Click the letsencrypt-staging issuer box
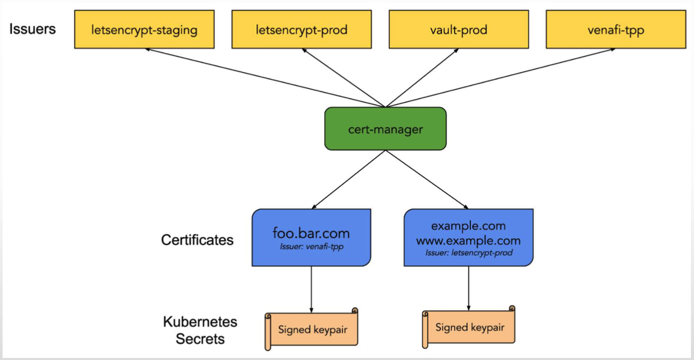pyautogui.click(x=144, y=30)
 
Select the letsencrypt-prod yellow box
pyautogui.click(x=301, y=30)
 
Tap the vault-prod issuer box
pyautogui.click(x=458, y=30)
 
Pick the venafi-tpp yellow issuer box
pyautogui.click(x=616, y=30)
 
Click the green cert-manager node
pyautogui.click(x=385, y=129)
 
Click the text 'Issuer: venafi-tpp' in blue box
pyautogui.click(x=311, y=247)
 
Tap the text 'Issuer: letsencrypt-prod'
pyautogui.click(x=468, y=253)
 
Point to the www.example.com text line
pyautogui.click(x=468, y=240)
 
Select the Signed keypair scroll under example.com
pyautogui.click(x=469, y=327)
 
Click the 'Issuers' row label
pyautogui.click(x=32, y=29)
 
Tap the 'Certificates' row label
pyautogui.click(x=197, y=240)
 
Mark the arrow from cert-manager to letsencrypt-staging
pyautogui.click(x=265, y=78)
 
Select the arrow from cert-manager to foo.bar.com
pyautogui.click(x=349, y=179)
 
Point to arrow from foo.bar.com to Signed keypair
pyautogui.click(x=311, y=289)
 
